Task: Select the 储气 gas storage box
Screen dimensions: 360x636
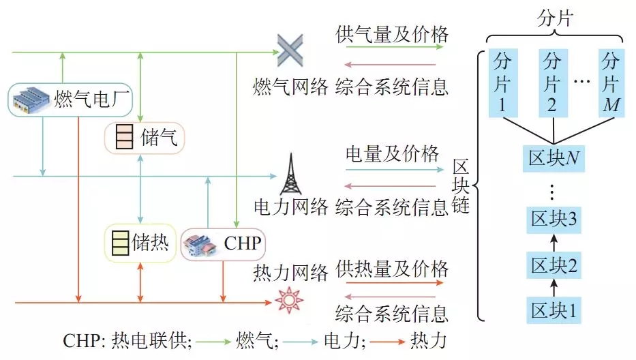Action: pyautogui.click(x=144, y=138)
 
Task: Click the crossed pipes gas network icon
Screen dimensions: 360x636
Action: pyautogui.click(x=290, y=50)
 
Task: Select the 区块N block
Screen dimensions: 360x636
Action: pyautogui.click(x=553, y=159)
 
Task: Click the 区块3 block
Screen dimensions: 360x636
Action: pyautogui.click(x=553, y=220)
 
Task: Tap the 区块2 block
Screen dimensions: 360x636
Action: pyautogui.click(x=553, y=265)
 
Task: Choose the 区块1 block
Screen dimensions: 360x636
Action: pyautogui.click(x=553, y=310)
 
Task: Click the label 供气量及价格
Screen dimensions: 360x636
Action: pyautogui.click(x=393, y=34)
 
